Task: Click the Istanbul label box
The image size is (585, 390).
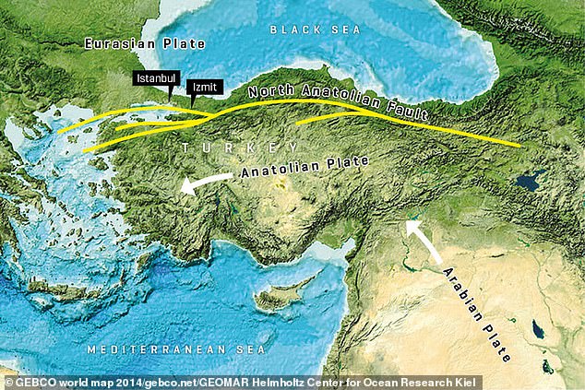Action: pos(151,79)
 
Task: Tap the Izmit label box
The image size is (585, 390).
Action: pos(203,88)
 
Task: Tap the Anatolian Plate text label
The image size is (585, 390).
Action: pos(304,167)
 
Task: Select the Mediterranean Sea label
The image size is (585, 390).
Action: pos(175,350)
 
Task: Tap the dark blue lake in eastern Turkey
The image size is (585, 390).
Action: pos(530,183)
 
